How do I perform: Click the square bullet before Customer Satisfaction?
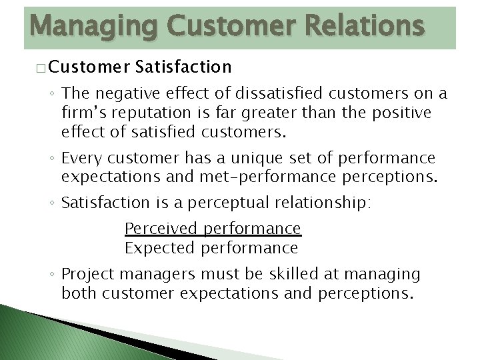41,68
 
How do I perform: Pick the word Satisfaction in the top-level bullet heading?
183,67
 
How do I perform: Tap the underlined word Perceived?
162,229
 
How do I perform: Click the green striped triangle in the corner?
40,337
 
